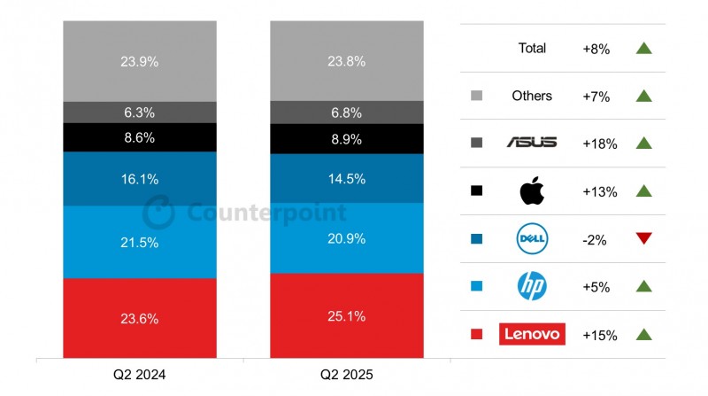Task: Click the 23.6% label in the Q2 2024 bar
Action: pyautogui.click(x=140, y=318)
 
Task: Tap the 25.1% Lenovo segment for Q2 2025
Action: pyautogui.click(x=347, y=315)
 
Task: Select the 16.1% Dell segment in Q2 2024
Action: pyautogui.click(x=140, y=179)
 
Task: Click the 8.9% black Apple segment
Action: pyautogui.click(x=347, y=139)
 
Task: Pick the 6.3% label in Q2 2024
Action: pyautogui.click(x=140, y=113)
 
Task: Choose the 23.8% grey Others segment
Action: pyautogui.click(x=347, y=62)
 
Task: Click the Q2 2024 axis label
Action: pyautogui.click(x=140, y=376)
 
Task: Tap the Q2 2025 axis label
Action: pyautogui.click(x=347, y=376)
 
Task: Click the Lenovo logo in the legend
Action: pyautogui.click(x=532, y=334)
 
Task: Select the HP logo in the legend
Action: pyautogui.click(x=532, y=285)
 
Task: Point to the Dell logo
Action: pyautogui.click(x=532, y=238)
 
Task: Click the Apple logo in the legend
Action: pyautogui.click(x=532, y=190)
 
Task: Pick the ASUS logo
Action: pyautogui.click(x=532, y=143)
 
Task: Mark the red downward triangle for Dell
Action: pyautogui.click(x=643, y=238)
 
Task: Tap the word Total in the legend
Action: pyautogui.click(x=532, y=48)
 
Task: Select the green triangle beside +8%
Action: pyautogui.click(x=643, y=48)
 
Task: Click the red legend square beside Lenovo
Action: pyautogui.click(x=477, y=334)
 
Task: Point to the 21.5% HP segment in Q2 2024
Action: pyautogui.click(x=140, y=242)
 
